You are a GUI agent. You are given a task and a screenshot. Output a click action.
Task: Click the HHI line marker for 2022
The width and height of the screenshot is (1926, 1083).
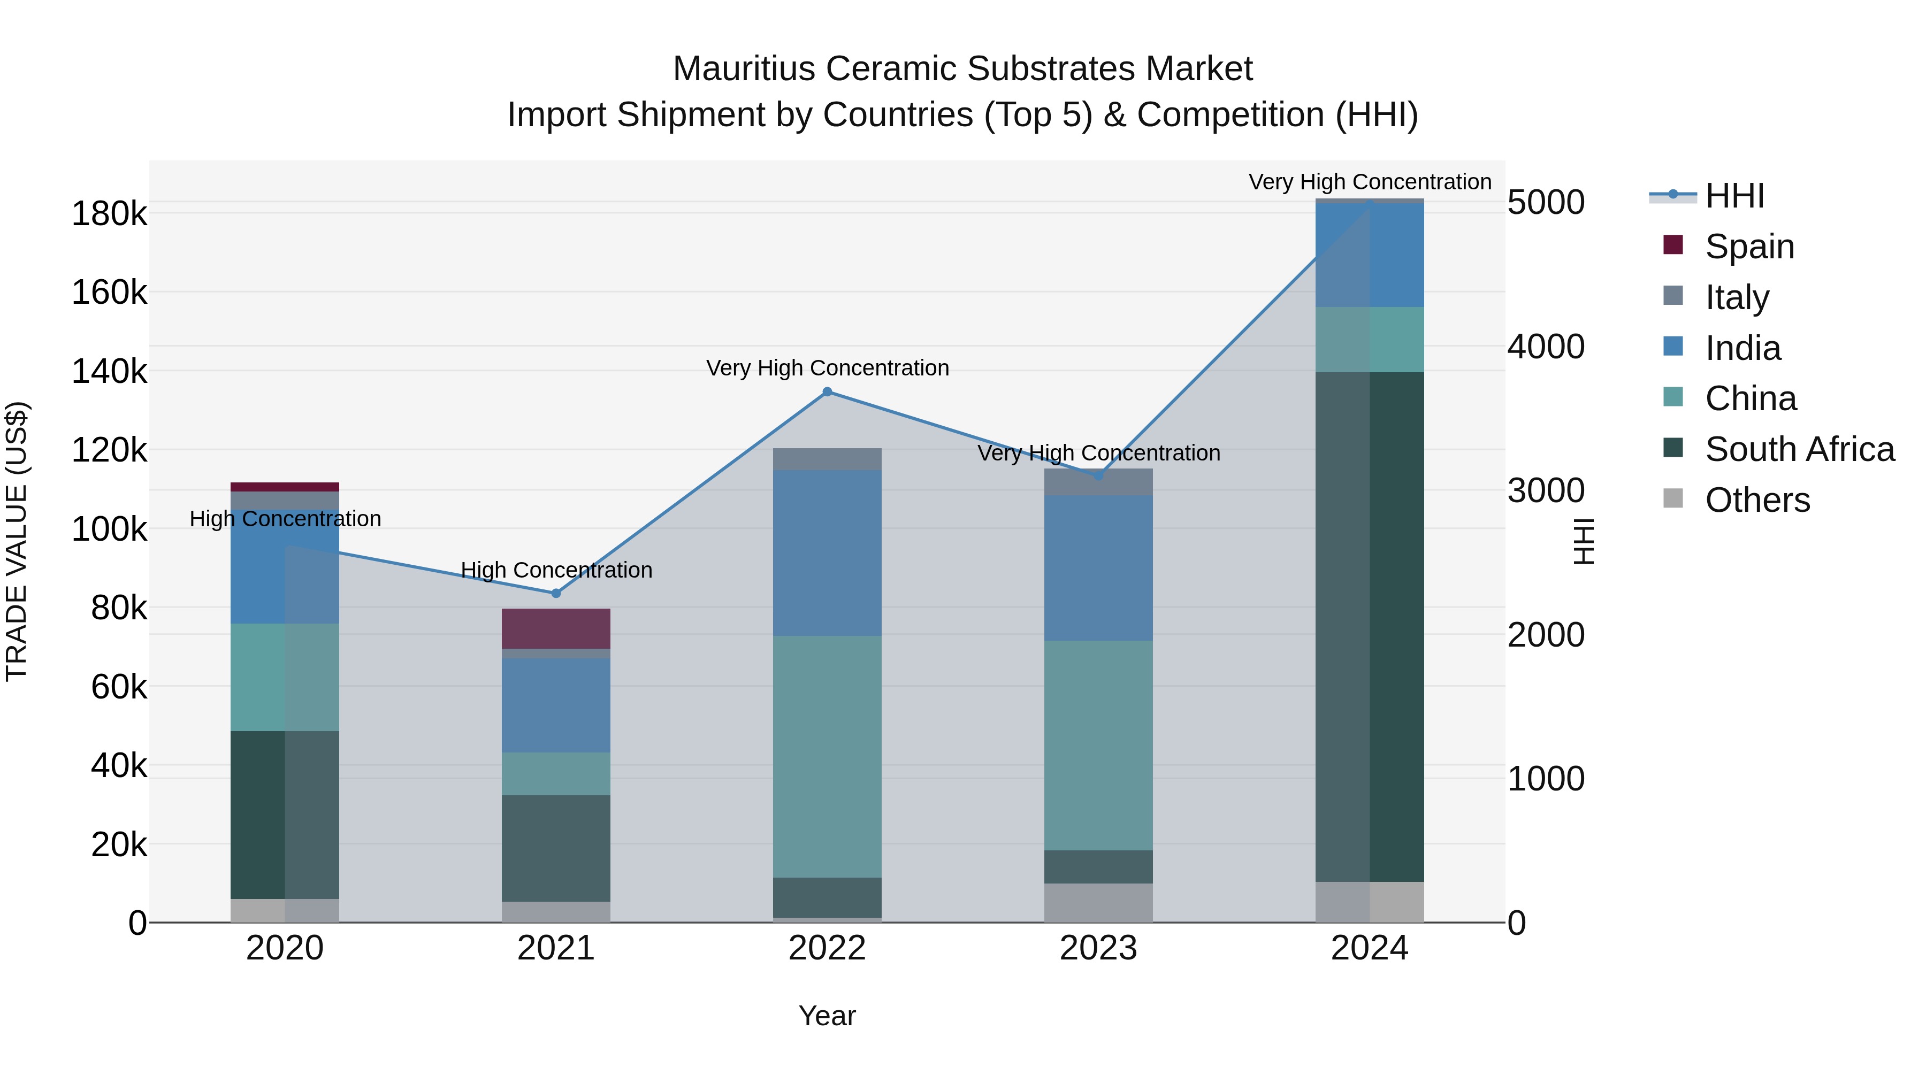coord(827,391)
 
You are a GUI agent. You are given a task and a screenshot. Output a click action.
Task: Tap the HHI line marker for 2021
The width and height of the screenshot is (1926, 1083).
coord(555,594)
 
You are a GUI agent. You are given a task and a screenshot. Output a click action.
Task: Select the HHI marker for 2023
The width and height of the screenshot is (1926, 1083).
coord(1098,475)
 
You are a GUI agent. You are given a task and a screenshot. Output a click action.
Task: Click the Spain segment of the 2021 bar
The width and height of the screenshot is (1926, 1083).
coord(555,628)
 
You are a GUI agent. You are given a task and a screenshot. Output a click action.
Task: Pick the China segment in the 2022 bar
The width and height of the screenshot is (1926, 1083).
coord(827,756)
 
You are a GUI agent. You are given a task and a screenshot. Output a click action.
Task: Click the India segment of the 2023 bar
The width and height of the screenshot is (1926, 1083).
coord(1098,567)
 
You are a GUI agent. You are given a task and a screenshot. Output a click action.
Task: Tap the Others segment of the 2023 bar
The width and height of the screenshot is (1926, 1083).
coord(1098,903)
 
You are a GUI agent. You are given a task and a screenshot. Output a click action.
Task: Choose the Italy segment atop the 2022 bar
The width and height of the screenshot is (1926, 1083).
coord(827,459)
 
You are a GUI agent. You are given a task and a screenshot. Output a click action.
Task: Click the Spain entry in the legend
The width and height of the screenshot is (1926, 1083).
coord(1749,246)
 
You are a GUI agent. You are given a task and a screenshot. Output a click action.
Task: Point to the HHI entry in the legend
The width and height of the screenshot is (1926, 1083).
coord(1734,196)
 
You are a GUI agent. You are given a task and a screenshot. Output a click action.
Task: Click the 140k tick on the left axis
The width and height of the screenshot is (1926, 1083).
coord(109,372)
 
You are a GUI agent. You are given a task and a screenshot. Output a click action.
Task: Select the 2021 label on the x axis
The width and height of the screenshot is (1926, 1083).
coord(555,948)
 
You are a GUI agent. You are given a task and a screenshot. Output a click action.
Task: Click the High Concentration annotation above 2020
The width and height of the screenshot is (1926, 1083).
coord(285,519)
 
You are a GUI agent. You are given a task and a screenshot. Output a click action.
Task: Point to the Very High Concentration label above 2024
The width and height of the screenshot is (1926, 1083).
coord(1369,182)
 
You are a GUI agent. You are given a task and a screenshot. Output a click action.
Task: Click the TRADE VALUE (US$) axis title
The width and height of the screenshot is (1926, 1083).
coord(17,541)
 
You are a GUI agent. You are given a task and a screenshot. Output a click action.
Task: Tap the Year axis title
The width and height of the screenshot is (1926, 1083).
coord(827,1016)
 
